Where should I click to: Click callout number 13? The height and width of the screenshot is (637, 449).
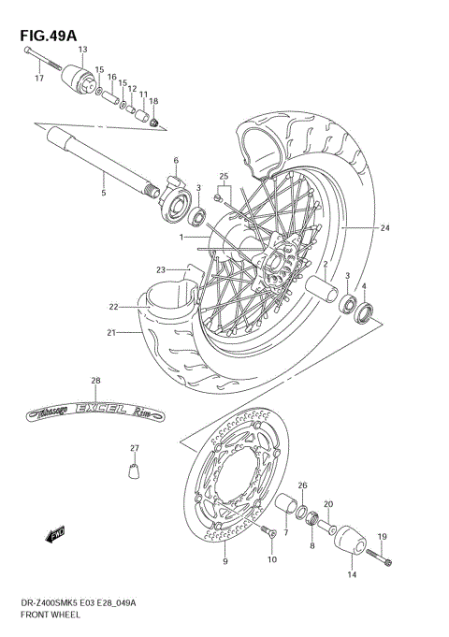82,49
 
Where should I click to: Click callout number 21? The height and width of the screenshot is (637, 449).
111,332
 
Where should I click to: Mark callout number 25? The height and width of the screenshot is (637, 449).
224,176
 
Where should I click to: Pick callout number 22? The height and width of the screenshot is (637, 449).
112,306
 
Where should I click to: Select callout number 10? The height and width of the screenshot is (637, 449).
271,559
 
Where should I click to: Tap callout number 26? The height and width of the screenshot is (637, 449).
301,485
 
